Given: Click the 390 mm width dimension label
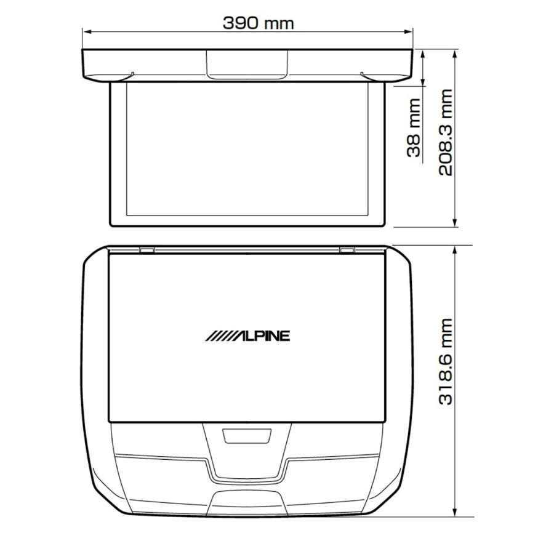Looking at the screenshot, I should tap(258, 23).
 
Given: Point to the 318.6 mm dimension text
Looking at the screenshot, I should tap(445, 362).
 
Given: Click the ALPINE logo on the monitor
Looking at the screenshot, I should tap(247, 336).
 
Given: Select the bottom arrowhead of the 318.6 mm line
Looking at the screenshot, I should tap(456, 515).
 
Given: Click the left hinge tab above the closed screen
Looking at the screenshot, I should tap(147, 250).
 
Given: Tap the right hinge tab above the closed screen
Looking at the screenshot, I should tap(347, 250).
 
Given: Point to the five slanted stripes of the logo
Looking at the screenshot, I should tap(219, 336).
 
